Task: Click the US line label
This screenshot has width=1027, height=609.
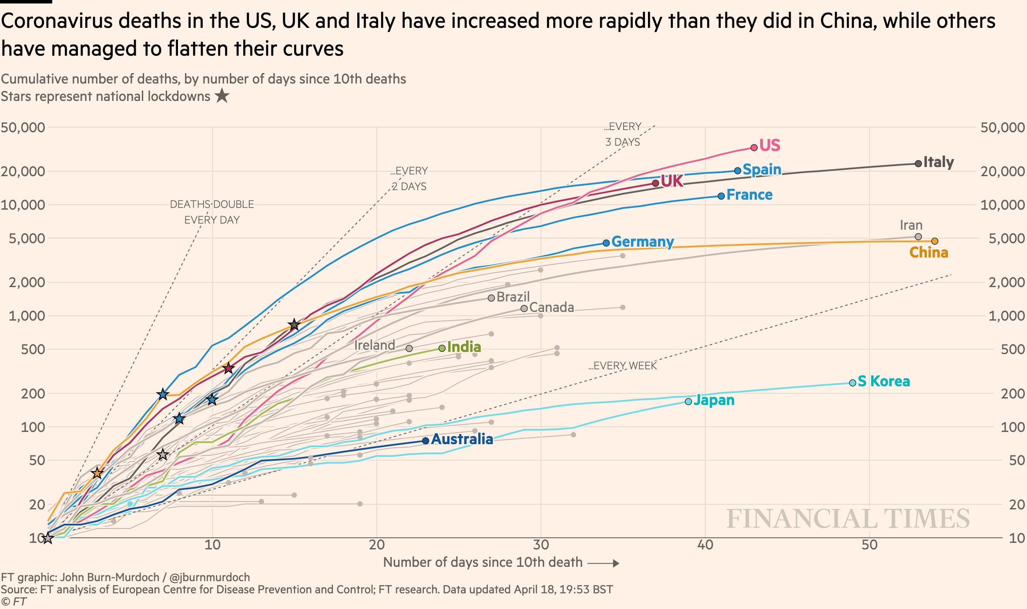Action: coord(769,145)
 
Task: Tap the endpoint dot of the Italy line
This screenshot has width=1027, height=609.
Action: coord(918,164)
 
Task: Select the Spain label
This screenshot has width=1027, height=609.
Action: coord(762,169)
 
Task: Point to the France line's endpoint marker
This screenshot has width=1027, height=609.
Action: coord(721,196)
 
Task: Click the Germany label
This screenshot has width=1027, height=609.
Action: coord(642,241)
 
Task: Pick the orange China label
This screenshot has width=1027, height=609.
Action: coord(929,253)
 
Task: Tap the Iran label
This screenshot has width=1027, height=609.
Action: coord(911,225)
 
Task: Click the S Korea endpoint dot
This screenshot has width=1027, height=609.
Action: coord(852,383)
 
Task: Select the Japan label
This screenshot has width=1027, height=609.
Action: coord(714,400)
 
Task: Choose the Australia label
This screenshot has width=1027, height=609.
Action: coord(462,439)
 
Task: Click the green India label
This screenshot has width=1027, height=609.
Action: coord(464,347)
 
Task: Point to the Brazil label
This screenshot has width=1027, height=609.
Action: coord(513,297)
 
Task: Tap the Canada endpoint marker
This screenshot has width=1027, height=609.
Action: coord(524,308)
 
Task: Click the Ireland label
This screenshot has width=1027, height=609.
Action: coord(375,345)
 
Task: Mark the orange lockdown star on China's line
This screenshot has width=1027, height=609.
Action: coord(97,473)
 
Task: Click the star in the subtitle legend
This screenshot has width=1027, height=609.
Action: coord(222,96)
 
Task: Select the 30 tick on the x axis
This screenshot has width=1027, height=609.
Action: coord(541,545)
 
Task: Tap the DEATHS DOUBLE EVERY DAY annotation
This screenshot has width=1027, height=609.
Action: coord(212,212)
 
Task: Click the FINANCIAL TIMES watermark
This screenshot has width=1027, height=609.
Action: coord(848,519)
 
